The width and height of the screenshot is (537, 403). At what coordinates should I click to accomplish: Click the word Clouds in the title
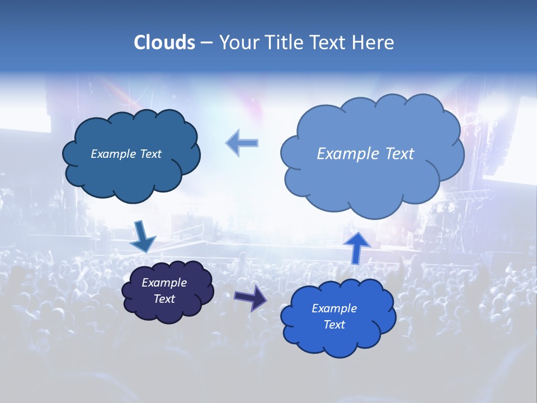pos(164,43)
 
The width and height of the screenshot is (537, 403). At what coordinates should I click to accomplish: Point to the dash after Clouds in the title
pos(206,43)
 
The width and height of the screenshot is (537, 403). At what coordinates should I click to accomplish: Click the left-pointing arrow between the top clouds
pos(242,143)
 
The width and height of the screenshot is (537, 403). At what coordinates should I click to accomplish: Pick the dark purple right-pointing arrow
pos(250,297)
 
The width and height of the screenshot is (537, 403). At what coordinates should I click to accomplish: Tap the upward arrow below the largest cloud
pos(357,247)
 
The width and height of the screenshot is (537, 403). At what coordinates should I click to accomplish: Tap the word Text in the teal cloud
pos(150,154)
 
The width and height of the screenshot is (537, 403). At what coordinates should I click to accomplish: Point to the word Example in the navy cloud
pos(164,283)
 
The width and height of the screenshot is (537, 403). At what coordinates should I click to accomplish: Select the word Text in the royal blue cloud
pos(334,325)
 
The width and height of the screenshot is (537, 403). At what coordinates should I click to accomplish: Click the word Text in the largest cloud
pos(399,153)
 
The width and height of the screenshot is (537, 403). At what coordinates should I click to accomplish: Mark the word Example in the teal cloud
pos(114,154)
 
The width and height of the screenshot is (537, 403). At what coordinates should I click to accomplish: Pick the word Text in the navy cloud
pos(164,299)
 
